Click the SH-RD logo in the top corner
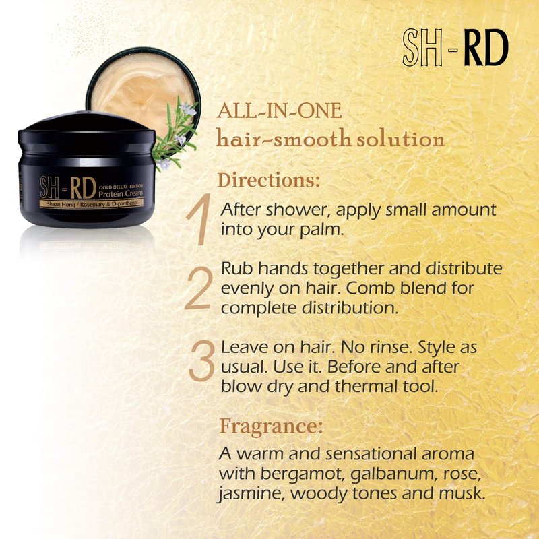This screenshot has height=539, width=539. tap(455, 47)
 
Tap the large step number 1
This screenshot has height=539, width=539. tap(199, 219)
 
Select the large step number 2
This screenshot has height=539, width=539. tap(197, 288)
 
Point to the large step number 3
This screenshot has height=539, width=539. tap(201, 361)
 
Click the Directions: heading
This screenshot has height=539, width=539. tap(269, 180)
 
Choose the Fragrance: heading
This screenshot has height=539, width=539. tap(272, 426)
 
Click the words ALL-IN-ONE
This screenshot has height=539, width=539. tap(280, 111)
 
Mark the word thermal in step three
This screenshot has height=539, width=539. tap(367, 386)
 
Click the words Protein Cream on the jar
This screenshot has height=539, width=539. tap(121, 193)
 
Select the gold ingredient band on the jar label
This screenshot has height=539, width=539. tap(92, 203)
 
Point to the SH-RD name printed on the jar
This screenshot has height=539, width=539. tap(68, 187)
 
